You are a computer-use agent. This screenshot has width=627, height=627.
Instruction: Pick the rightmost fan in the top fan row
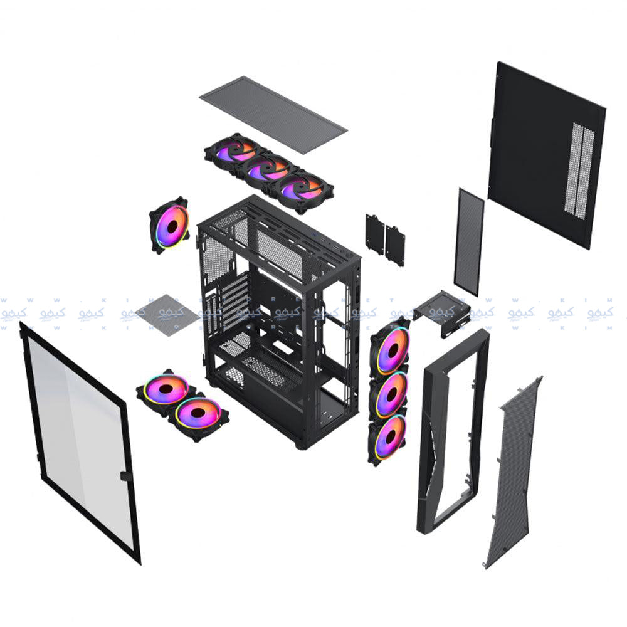click(302, 189)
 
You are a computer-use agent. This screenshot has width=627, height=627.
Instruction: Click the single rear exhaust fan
click(169, 224)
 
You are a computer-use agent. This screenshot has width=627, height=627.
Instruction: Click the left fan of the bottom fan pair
click(166, 391)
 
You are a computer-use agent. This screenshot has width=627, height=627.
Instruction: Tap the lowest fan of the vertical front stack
click(389, 437)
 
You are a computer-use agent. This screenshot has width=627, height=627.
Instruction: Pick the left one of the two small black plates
click(375, 233)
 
